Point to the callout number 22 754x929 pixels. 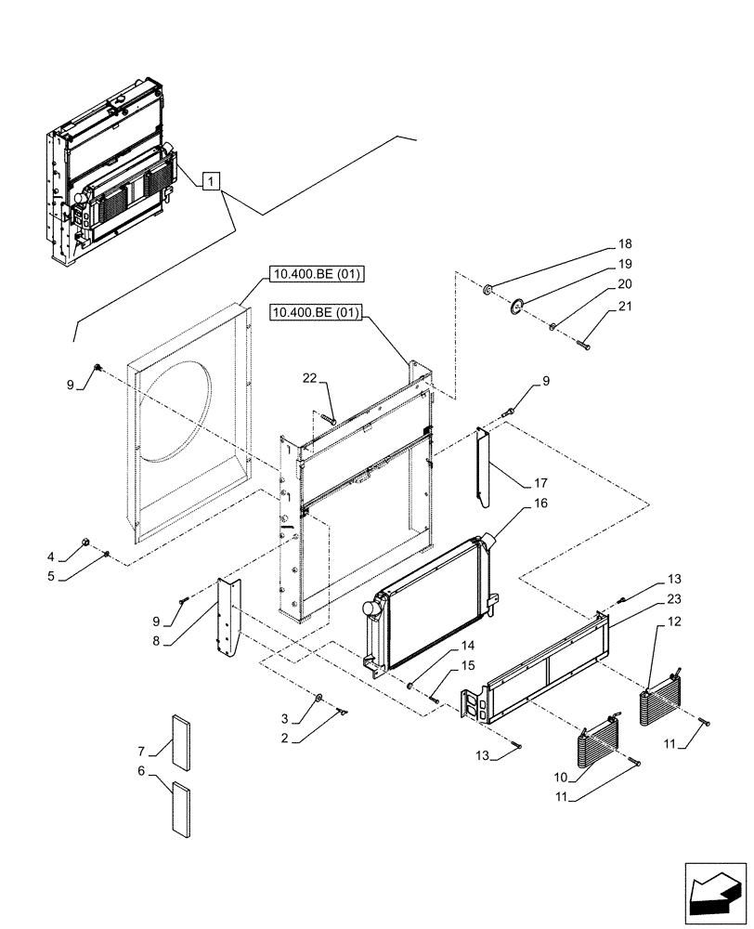click(x=309, y=378)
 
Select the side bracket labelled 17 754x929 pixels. click(x=483, y=469)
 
